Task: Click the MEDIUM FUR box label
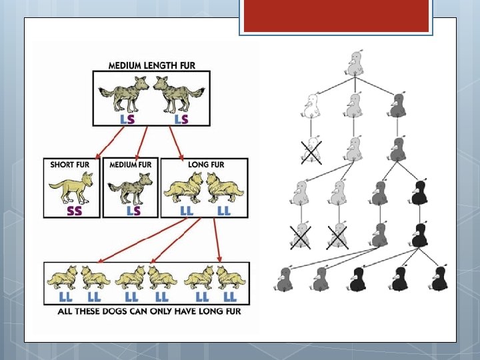tap(130, 164)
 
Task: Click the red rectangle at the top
tap(335, 16)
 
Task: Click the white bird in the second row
tap(311, 105)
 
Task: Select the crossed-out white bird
tap(311, 151)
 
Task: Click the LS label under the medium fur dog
tap(135, 210)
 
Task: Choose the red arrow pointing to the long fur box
tap(175, 141)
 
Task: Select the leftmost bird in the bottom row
tap(285, 279)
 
